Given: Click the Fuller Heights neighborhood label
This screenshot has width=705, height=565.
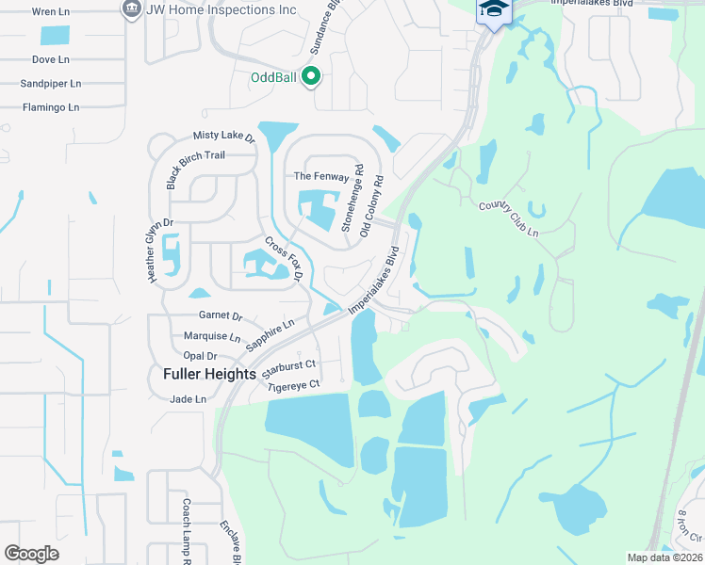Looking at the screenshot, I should coord(209,374).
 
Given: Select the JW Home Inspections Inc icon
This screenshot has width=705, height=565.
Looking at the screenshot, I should coord(131,9).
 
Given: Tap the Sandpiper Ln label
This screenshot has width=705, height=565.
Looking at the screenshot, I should coord(50,84).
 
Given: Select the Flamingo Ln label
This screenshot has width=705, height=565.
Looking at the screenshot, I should coord(51,107).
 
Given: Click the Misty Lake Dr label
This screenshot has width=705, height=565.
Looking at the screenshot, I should coord(224,137).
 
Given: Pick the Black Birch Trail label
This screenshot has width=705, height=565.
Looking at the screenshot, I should coord(196,169).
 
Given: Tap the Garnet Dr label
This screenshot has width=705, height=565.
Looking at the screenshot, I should coord(221,316).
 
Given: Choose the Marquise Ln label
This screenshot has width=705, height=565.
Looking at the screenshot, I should coord(212,336).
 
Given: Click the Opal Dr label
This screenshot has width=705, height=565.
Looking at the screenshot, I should coord(200,356).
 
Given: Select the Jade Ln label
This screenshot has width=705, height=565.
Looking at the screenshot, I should coord(188,399).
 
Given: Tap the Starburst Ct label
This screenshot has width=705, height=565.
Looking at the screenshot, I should coord(288,365).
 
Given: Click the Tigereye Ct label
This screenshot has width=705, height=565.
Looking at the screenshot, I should coord(294,384).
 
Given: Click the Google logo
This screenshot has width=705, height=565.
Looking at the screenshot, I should coord(32,554).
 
